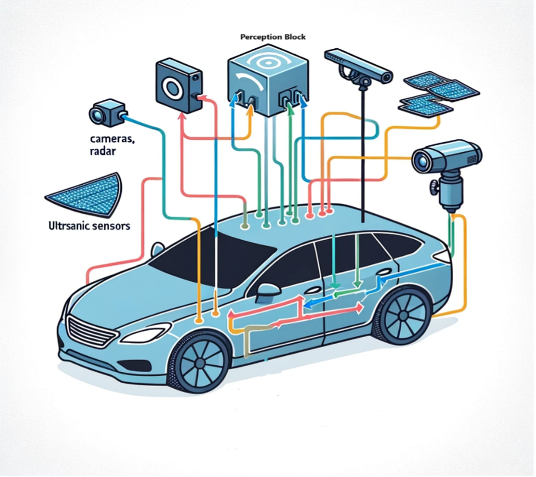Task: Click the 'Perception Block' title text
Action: click(x=273, y=37)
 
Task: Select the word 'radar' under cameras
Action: click(x=101, y=152)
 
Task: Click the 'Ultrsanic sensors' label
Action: click(x=86, y=225)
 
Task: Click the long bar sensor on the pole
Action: click(x=358, y=65)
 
